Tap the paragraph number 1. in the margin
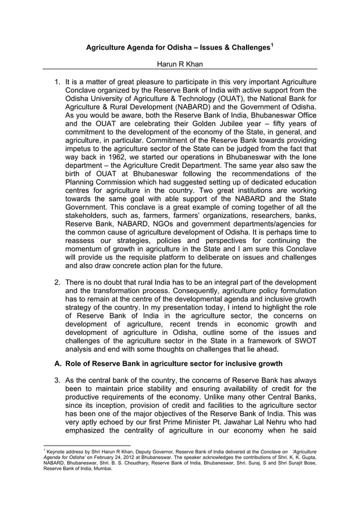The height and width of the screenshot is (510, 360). coord(58,81)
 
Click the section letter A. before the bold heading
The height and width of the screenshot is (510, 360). coord(58,364)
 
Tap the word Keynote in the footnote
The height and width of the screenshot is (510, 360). coord(58,452)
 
